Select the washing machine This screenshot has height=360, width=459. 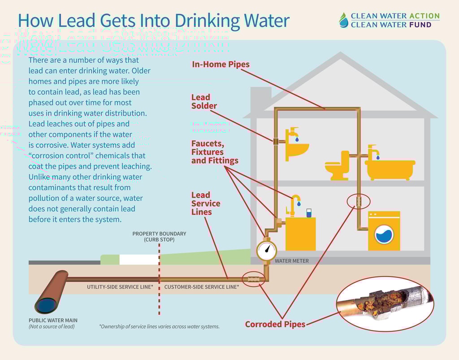coord(384,231)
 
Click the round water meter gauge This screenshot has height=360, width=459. coord(267,251)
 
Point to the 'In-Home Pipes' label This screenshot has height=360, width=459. coord(221,64)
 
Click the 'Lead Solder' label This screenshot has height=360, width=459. coord(204,102)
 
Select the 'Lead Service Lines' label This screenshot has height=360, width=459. coord(206,203)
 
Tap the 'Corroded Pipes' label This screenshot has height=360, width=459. coord(275,324)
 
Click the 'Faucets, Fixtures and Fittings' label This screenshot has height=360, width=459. coord(215,152)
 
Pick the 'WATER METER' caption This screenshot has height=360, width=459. coord(291,260)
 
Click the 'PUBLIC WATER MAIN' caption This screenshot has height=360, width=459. coord(53,320)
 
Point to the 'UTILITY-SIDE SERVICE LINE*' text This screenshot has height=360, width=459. coord(120,286)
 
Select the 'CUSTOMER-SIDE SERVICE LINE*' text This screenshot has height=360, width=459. coord(201,286)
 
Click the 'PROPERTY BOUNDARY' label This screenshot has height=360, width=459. coord(159,234)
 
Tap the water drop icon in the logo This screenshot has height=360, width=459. coord(343,20)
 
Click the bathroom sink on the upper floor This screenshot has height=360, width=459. coord(297,149)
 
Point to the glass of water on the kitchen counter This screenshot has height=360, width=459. coord(309,213)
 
